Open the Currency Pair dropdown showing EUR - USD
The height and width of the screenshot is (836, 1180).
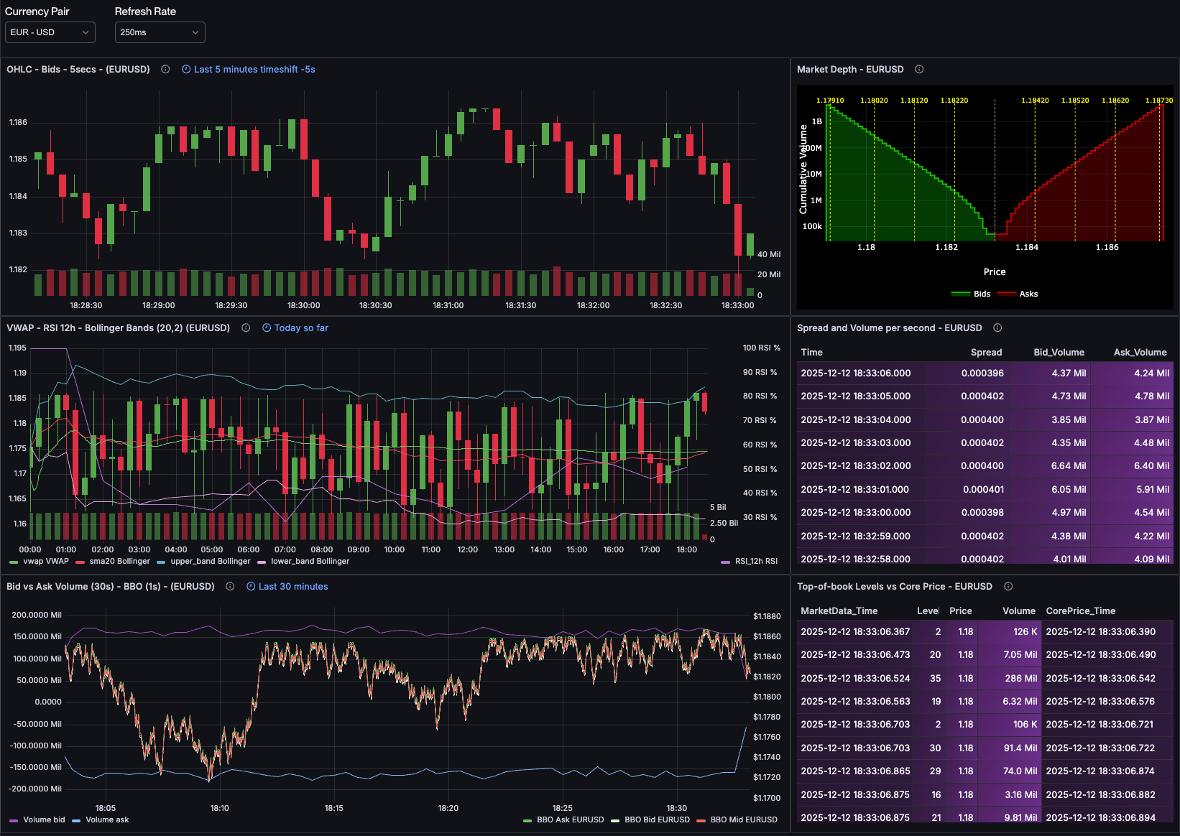click(50, 32)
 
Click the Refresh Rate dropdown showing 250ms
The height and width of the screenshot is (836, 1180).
click(160, 32)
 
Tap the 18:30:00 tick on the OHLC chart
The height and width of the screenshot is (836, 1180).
click(303, 305)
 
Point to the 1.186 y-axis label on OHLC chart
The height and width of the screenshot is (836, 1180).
click(18, 122)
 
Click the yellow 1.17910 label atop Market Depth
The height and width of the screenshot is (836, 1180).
click(830, 101)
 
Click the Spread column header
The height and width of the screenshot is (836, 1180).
click(985, 353)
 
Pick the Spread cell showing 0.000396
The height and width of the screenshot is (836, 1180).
click(982, 373)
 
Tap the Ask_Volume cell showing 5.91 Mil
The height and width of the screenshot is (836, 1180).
click(1152, 490)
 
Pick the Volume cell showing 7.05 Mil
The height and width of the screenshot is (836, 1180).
click(1020, 655)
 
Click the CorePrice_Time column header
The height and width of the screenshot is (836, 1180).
click(1080, 611)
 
